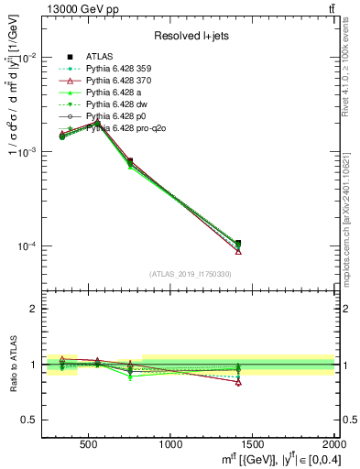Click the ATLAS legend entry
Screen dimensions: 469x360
tap(99, 57)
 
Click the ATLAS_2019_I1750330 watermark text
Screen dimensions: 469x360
tap(191, 274)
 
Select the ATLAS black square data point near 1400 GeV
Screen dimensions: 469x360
tap(238, 244)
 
